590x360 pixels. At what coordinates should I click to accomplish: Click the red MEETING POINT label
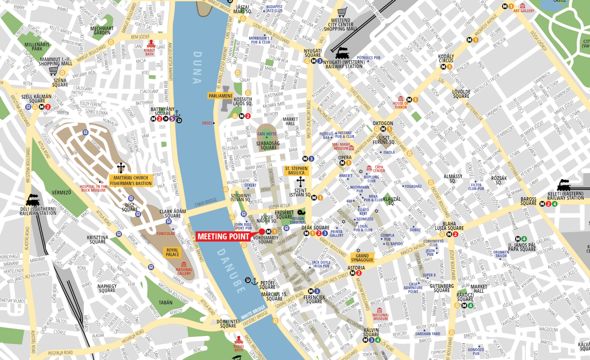point(224,236)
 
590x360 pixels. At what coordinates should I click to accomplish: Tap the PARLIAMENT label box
point(221,96)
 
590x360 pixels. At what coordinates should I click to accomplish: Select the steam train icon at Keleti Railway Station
point(564,185)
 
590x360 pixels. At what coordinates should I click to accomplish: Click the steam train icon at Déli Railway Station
point(33,199)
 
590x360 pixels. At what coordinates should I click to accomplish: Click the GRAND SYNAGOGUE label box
point(362,258)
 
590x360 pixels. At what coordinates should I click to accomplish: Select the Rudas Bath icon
point(239,340)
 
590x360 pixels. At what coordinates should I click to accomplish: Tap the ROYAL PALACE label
point(173,252)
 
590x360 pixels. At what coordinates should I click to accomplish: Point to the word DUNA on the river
point(197,68)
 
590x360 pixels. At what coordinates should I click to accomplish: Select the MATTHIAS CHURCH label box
point(131,180)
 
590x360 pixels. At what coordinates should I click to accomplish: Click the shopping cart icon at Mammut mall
point(53,70)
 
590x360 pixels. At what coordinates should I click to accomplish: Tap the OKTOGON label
point(383,123)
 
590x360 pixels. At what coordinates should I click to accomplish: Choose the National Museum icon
point(380,310)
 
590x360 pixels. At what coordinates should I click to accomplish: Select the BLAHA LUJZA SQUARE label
point(453,226)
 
